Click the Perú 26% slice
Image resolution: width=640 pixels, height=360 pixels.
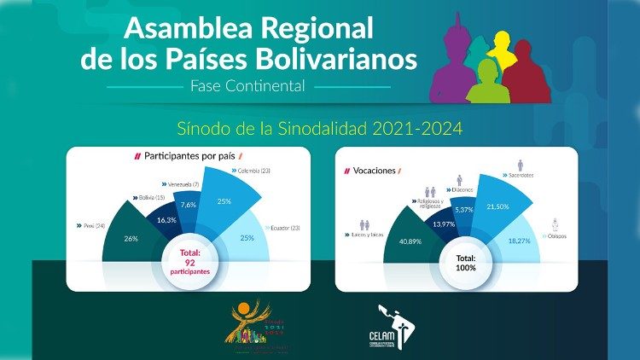pos(129,240)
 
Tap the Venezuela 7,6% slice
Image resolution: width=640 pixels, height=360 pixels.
pos(189,205)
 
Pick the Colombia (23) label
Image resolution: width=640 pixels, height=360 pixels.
pos(253,171)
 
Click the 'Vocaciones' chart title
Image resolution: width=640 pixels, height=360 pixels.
pos(374,171)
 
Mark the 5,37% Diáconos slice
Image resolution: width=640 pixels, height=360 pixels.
pos(463,209)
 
